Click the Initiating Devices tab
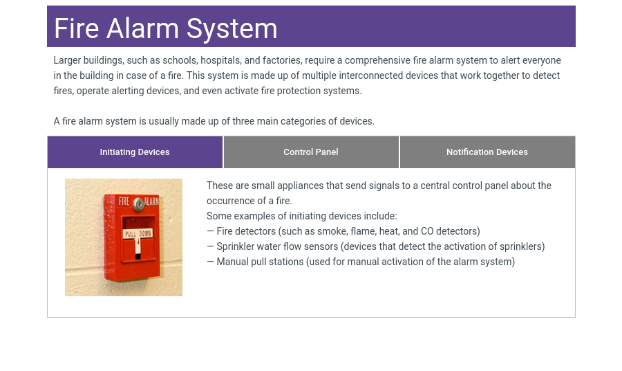coord(135,152)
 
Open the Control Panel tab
coord(311,152)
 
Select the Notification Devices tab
coord(487,152)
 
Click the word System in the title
coord(232,28)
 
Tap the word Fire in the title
coord(76,28)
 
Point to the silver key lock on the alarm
coord(138,204)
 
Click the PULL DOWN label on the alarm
coord(138,233)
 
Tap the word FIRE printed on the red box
coord(124,201)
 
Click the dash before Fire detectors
coord(210,231)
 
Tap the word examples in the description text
coord(267,216)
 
